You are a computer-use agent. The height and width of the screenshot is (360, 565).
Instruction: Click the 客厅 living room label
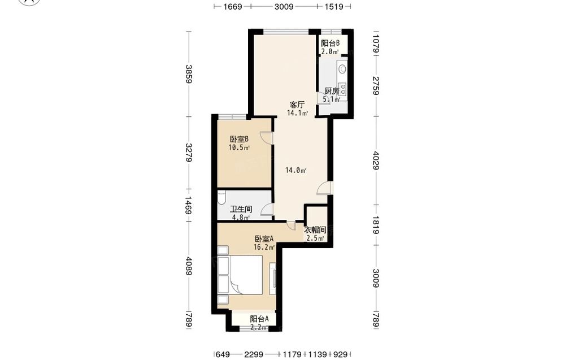coord(297,105)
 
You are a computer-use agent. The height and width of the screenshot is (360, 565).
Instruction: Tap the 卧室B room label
coord(240,139)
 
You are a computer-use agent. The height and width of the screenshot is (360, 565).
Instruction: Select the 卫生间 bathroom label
coord(241,209)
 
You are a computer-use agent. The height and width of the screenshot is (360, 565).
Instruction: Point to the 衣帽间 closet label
coord(315,230)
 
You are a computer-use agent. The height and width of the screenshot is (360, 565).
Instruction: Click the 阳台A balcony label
coord(259,319)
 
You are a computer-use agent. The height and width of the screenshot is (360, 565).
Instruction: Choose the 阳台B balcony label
coord(330,44)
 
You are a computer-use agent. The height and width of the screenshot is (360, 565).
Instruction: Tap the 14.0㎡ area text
coord(296,171)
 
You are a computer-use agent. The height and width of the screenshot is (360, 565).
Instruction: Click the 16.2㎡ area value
coord(264,247)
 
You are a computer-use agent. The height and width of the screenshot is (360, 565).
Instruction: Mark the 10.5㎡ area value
coord(239,148)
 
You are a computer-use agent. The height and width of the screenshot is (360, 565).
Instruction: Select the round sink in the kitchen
coord(342,68)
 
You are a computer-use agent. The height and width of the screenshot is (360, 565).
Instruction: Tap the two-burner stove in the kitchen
coord(343,89)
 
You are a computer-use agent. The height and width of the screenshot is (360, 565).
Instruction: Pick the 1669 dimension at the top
coord(232,6)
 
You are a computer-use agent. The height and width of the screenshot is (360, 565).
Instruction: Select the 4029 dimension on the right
coord(376,161)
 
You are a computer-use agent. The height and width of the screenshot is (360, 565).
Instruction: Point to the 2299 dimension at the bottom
coord(254,354)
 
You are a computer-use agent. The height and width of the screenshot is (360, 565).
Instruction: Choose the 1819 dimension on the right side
coord(376,225)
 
